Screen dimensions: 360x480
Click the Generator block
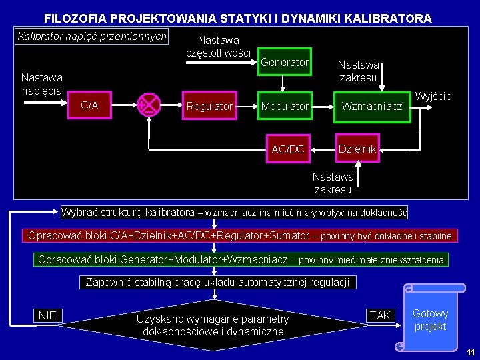coord(285,63)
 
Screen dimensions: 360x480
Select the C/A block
coord(89,106)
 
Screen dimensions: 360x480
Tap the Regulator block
coord(209,107)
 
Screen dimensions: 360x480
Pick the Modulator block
coord(285,107)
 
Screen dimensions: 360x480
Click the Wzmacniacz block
coord(372,107)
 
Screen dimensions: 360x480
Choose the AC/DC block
coord(288,149)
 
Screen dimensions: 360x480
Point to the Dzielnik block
coord(357,149)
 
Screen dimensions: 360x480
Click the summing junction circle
coord(149,105)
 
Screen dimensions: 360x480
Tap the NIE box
coord(47,315)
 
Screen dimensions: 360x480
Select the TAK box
coord(380,315)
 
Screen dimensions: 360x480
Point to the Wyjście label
coord(433,97)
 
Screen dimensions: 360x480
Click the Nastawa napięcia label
coord(41,84)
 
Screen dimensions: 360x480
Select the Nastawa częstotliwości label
coord(219,47)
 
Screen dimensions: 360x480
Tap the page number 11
coord(470,352)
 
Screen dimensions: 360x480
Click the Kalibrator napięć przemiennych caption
coord(91,37)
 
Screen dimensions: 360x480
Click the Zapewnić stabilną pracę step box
coord(217,283)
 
